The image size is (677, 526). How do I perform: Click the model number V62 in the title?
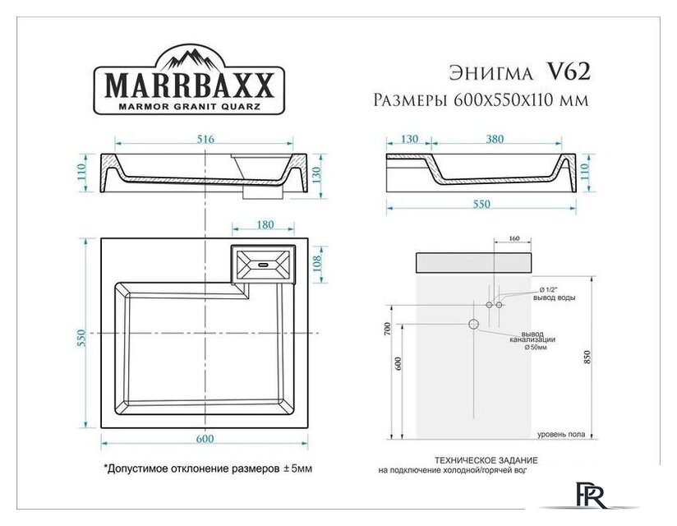(567, 72)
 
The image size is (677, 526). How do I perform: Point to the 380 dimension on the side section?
(495, 140)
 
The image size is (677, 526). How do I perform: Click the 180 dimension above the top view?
(265, 224)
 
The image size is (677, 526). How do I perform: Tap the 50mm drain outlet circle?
(474, 323)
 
